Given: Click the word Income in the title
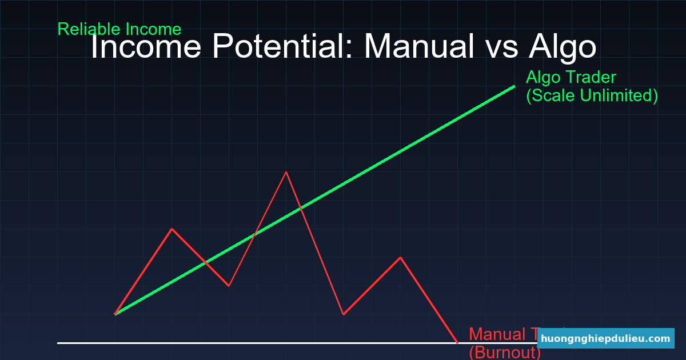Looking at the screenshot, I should point(146,47).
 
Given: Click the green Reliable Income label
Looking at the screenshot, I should point(119,29).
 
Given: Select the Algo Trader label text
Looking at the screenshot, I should point(571,77).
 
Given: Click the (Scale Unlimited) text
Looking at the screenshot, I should point(592,95).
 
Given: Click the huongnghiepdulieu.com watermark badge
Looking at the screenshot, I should point(605,338).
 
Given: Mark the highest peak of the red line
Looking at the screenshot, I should point(286,171).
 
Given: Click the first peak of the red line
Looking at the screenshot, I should point(171,229).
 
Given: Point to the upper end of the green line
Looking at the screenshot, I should point(514,86).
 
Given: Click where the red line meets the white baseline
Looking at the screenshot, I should point(457,343).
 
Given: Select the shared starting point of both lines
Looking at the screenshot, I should point(115,314).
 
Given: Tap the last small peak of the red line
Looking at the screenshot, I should point(400,257).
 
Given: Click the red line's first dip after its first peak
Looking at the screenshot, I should point(229,286).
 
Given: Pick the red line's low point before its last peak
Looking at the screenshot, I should point(343,314).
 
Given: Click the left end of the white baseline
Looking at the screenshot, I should point(58,343).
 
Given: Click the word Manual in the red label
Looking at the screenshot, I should point(494,334).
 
